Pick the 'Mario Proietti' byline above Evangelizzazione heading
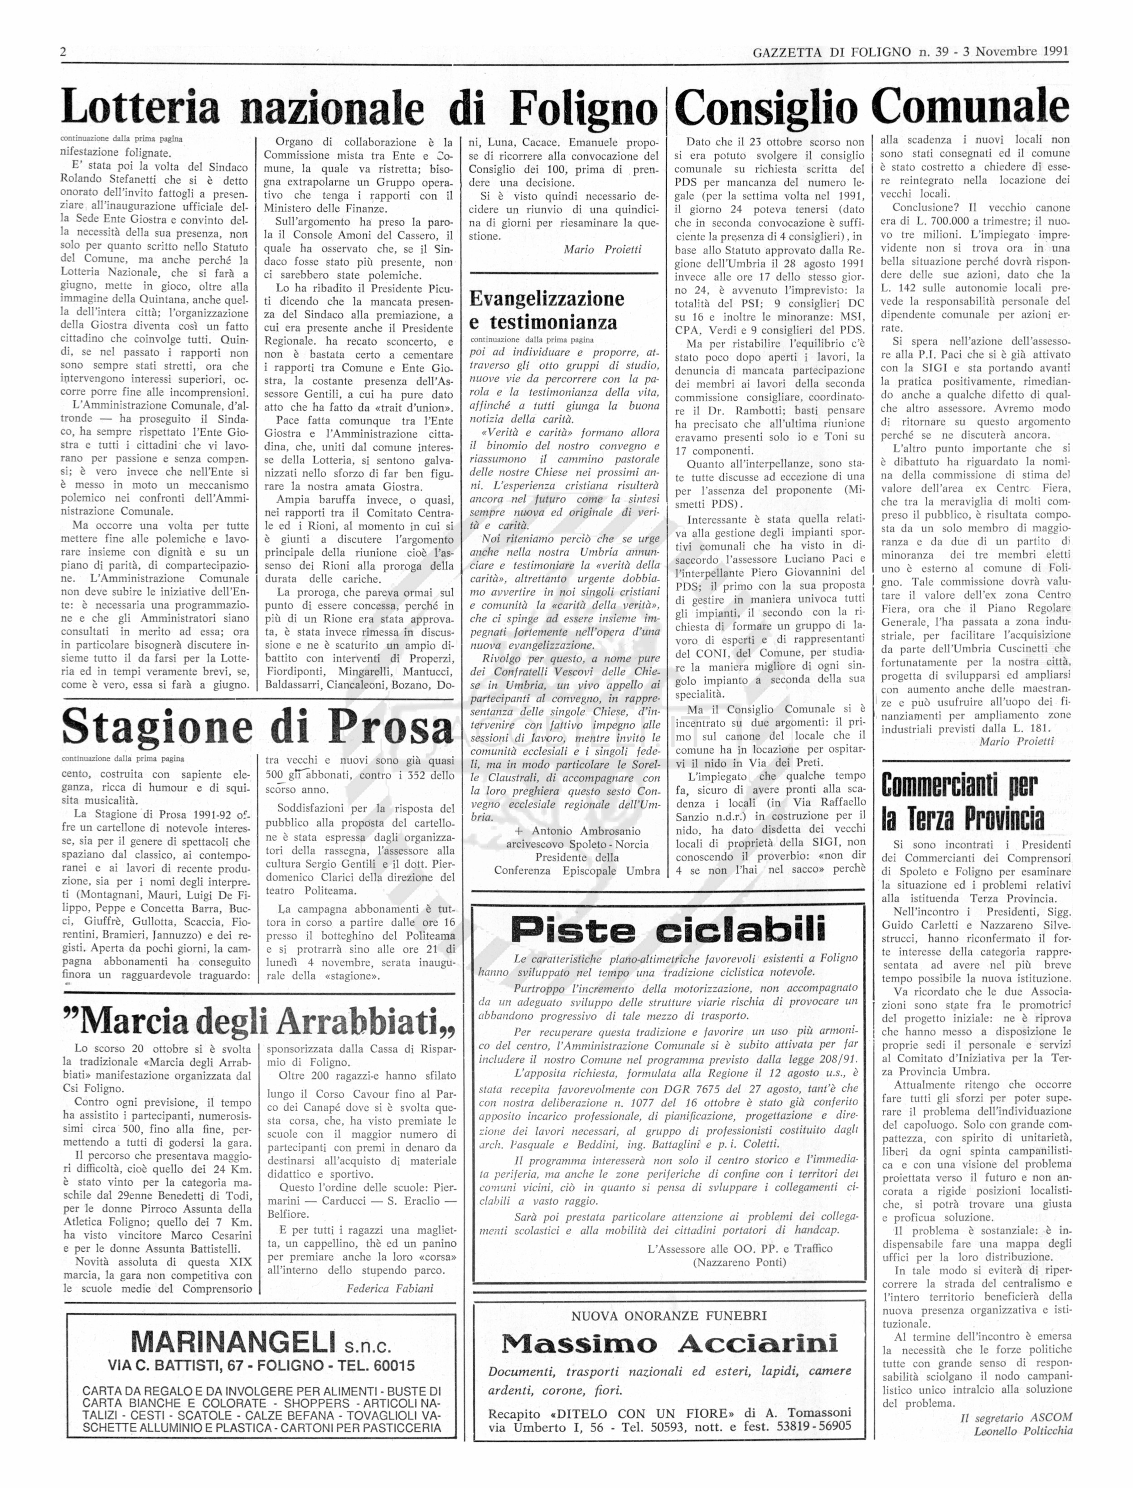(x=602, y=249)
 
